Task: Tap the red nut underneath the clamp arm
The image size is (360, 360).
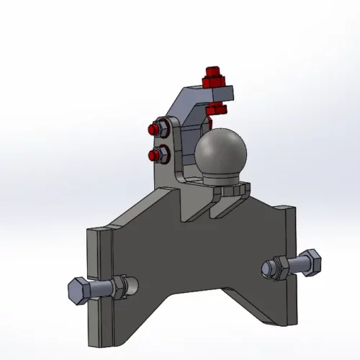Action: pos(215,109)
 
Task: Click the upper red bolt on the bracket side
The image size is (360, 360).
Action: pos(153,130)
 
